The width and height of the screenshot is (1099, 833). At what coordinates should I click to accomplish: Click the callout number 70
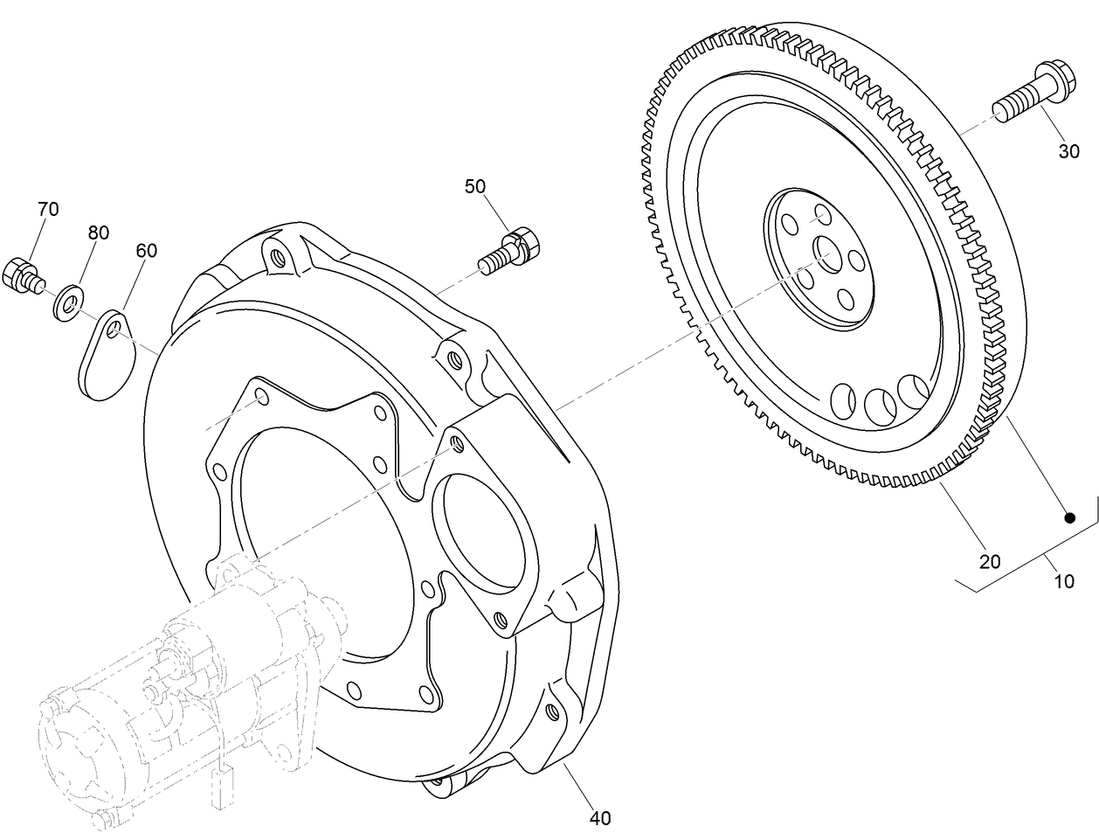[x=48, y=209]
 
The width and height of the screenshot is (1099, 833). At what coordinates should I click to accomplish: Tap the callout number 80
[x=98, y=233]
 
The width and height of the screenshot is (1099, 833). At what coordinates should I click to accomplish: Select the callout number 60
[x=146, y=251]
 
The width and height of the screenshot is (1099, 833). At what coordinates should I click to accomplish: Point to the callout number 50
[x=474, y=186]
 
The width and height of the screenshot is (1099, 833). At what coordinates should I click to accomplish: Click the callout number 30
[x=1068, y=151]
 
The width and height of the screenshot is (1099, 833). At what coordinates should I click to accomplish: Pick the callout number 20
[x=989, y=562]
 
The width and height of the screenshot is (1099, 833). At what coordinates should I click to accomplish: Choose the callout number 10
[x=1063, y=580]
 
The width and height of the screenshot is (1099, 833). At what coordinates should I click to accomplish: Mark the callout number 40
[x=599, y=818]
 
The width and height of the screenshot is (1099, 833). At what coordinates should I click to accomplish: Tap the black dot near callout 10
[x=1068, y=518]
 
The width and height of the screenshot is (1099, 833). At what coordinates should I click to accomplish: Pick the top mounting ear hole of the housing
[x=278, y=258]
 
